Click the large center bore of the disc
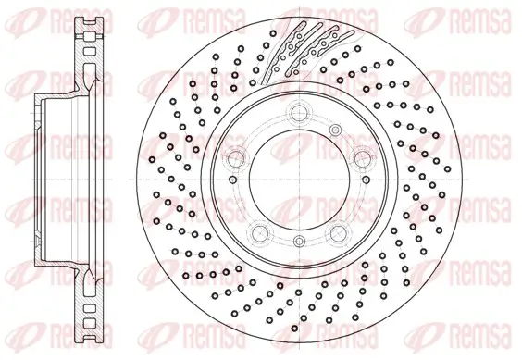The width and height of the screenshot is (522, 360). pos(299,180)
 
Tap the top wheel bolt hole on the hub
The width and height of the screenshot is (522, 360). pos(299,111)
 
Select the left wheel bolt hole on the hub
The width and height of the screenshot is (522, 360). pos(237,157)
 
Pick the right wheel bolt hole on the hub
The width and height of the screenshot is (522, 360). pos(362,157)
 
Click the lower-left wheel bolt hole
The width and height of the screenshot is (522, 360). pos(260,232)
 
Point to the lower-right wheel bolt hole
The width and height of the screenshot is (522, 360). pos(338,232)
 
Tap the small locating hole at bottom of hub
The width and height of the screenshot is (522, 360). pos(300,240)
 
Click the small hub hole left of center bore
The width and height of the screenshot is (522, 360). pos(233,180)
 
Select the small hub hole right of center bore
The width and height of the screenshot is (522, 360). pos(366,180)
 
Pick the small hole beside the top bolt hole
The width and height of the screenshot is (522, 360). pos(335,130)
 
